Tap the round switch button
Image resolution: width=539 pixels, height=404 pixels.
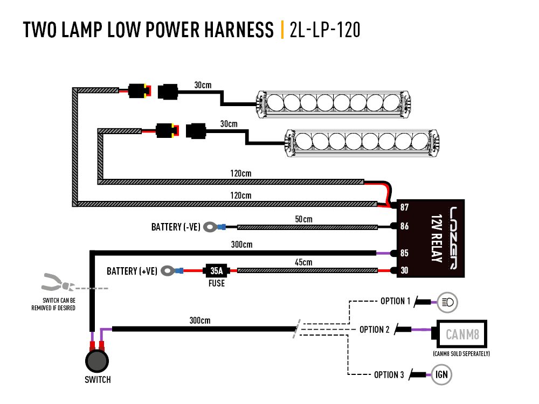click(x=98, y=361)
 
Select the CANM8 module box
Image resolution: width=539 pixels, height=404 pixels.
click(x=462, y=335)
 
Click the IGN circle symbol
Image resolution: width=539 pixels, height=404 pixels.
click(x=441, y=375)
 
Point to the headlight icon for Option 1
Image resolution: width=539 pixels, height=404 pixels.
click(x=447, y=302)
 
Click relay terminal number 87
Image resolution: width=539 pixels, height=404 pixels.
click(x=404, y=207)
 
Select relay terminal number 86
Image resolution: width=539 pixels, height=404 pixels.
click(x=404, y=227)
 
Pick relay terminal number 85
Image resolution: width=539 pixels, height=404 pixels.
click(x=404, y=253)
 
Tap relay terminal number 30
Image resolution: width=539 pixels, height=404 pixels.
click(x=404, y=270)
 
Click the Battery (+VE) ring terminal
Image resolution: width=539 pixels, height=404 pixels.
click(x=169, y=270)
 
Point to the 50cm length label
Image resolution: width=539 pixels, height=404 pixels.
click(x=303, y=219)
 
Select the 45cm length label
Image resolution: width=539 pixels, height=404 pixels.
click(x=303, y=262)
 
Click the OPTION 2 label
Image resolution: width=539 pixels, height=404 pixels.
click(x=374, y=330)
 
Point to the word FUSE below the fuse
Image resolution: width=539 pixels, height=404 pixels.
click(x=217, y=283)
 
